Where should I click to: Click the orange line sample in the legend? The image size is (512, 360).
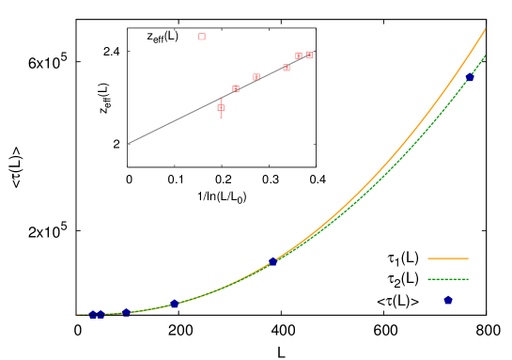[447, 258]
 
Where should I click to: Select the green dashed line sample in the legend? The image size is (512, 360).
[447, 279]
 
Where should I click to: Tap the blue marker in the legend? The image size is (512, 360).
[448, 300]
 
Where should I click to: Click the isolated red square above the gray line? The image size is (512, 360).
[202, 37]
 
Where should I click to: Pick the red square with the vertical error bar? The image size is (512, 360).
[221, 108]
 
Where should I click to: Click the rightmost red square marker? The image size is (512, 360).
[309, 55]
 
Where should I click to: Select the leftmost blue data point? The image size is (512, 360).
[93, 315]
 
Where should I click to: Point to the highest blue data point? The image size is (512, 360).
[470, 78]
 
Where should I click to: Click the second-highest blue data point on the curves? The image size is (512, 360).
[272, 261]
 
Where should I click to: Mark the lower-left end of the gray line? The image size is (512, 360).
[129, 143]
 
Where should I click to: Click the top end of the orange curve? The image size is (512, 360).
[486, 28]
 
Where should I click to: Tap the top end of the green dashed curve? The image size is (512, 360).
[486, 55]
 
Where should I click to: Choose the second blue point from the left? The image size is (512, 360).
[101, 315]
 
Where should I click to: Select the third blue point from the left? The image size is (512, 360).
[126, 313]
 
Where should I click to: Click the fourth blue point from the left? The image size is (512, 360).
[174, 304]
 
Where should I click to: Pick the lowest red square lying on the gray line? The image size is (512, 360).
[236, 89]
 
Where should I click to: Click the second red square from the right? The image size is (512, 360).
[299, 56]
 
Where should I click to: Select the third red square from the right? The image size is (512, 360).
[287, 68]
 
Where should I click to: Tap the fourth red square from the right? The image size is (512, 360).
[256, 77]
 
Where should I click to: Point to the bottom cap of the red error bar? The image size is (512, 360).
[221, 117]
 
